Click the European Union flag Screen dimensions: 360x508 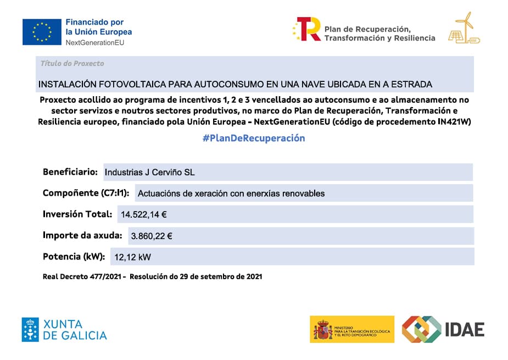[x=42, y=31]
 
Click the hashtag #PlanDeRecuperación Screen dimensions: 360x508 [x=254, y=138]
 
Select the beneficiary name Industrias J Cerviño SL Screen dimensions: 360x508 [x=149, y=172]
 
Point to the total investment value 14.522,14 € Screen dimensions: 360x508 [x=144, y=214]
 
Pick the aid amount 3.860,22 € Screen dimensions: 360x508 [x=152, y=236]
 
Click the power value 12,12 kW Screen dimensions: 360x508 [x=132, y=257]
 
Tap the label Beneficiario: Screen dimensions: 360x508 [x=70, y=171]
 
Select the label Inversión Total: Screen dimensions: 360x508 [x=77, y=214]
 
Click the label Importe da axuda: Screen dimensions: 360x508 [x=82, y=235]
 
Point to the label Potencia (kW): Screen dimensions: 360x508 [x=74, y=256]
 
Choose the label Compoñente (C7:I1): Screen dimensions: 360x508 [x=86, y=193]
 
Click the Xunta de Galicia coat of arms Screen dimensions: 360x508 [x=30, y=329]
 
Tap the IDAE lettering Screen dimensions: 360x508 [x=465, y=329]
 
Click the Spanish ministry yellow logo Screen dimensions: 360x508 [x=351, y=329]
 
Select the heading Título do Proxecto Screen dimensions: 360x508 [x=72, y=63]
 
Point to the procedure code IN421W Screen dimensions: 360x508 [x=453, y=121]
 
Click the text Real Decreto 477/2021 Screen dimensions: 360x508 [x=84, y=276]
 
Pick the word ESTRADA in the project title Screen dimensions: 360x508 [x=412, y=84]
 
